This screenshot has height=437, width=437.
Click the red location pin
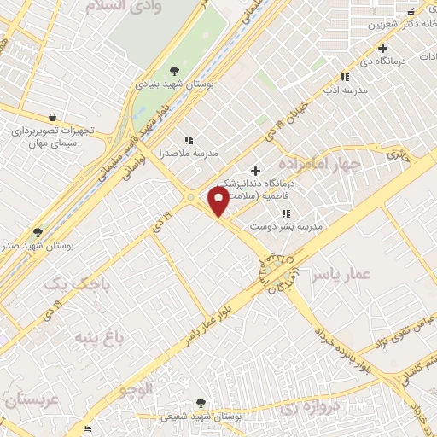(218, 201)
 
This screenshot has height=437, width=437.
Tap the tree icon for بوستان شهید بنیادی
(175, 71)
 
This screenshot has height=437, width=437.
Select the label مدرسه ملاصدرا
(189, 154)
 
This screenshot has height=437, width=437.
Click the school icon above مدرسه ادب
(345, 76)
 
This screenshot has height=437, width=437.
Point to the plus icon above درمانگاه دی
(383, 48)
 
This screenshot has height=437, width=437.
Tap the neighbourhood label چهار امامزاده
(338, 162)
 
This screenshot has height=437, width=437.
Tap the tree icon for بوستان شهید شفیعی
(201, 403)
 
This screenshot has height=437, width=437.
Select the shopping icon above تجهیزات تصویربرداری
(53, 117)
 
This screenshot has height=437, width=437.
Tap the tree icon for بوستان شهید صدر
(37, 231)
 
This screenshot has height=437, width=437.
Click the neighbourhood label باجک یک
(67, 283)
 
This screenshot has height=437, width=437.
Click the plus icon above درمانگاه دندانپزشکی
(255, 171)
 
